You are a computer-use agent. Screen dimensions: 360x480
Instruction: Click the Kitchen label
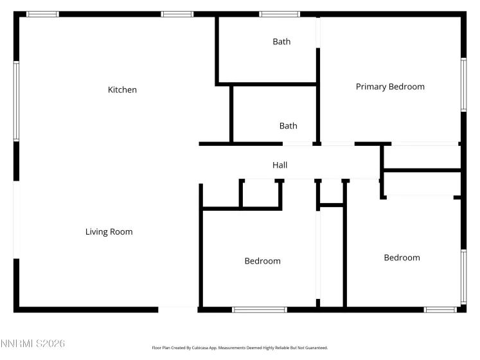(x=122, y=90)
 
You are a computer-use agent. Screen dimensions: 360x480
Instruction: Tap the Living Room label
(x=109, y=231)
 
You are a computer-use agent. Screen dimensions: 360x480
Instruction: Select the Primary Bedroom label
(x=390, y=87)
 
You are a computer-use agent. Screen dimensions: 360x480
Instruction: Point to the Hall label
(x=280, y=165)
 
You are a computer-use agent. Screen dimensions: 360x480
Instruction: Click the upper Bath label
(x=281, y=42)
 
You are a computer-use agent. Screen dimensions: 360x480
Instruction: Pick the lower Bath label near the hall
(x=288, y=126)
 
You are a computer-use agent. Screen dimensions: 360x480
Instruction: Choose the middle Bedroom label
(x=262, y=261)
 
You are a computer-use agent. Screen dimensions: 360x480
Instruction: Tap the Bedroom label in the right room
(x=402, y=258)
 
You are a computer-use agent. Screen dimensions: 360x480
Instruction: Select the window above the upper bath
(x=280, y=14)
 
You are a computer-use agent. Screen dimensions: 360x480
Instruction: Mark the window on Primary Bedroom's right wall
(x=463, y=85)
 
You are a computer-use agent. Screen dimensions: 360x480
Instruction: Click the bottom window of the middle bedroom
(x=259, y=310)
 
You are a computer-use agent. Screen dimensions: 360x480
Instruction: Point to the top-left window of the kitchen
(x=42, y=14)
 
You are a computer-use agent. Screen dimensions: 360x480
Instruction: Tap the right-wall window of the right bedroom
(x=463, y=276)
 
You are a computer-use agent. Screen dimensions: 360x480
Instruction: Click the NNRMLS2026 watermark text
(x=33, y=344)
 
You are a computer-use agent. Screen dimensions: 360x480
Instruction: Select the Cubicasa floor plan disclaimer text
(x=240, y=348)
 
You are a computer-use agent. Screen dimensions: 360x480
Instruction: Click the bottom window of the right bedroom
(x=440, y=310)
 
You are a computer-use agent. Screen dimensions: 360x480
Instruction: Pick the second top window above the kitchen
(x=177, y=14)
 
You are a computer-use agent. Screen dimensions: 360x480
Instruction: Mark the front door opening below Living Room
(x=178, y=310)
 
